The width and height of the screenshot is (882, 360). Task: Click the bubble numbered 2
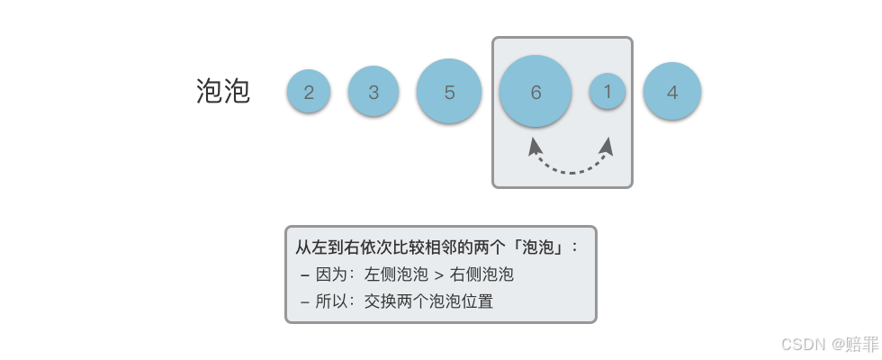pyautogui.click(x=309, y=92)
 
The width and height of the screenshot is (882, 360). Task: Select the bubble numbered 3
pyautogui.click(x=373, y=92)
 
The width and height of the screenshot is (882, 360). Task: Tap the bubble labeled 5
pyautogui.click(x=449, y=92)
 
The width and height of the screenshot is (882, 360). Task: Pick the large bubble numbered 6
pyautogui.click(x=535, y=92)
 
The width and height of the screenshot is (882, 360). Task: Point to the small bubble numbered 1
pyautogui.click(x=607, y=91)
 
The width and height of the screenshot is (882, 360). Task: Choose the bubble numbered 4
pyautogui.click(x=672, y=92)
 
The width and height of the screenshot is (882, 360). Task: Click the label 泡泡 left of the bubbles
pyautogui.click(x=223, y=91)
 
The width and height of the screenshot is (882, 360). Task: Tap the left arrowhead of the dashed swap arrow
pyautogui.click(x=535, y=146)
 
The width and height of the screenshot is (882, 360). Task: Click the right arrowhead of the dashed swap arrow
pyautogui.click(x=607, y=146)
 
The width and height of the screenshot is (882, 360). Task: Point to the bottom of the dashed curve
pyautogui.click(x=571, y=172)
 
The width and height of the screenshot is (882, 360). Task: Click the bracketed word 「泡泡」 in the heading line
pyautogui.click(x=538, y=247)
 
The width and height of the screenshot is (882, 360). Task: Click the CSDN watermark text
pyautogui.click(x=803, y=344)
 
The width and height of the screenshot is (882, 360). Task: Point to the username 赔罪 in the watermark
pyautogui.click(x=862, y=344)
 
